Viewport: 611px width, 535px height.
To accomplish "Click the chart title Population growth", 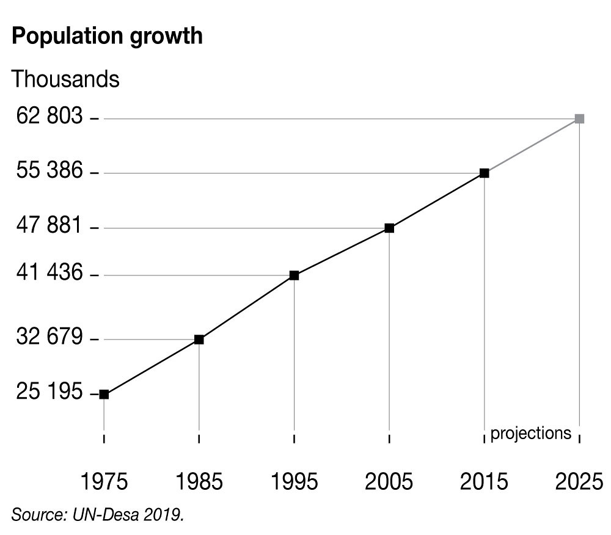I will coord(107,36).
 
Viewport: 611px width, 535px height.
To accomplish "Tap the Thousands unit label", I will coord(65,79).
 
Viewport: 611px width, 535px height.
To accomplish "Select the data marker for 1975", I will coord(104,395).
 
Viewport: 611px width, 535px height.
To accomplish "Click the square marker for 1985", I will coord(199,340).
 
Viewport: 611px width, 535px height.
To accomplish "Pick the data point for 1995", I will coord(294,275).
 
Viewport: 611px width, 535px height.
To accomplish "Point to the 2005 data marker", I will coord(389,228).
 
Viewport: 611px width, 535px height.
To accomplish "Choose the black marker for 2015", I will coord(484,173).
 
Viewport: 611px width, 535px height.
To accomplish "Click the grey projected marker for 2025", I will coord(579,119).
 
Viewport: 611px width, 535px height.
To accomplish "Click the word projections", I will coord(530,433).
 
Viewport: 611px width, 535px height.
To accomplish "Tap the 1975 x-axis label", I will coord(104,482).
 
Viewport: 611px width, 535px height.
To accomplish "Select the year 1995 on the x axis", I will coord(294,482).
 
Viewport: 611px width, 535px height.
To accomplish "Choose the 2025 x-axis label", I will coord(579,482).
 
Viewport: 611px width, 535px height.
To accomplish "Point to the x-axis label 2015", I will coord(484,482).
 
